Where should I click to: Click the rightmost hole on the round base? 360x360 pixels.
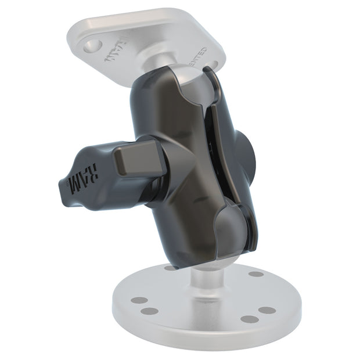tap(267, 309)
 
